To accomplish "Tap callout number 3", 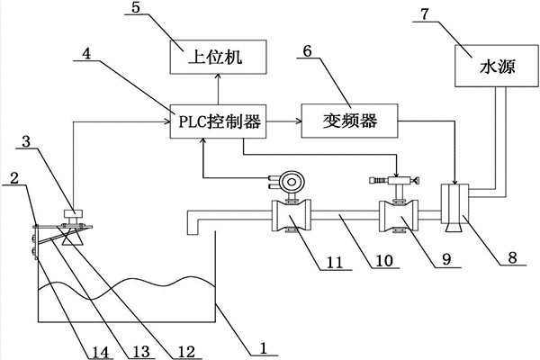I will tap(26, 141).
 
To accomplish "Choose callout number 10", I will tap(385, 262).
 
